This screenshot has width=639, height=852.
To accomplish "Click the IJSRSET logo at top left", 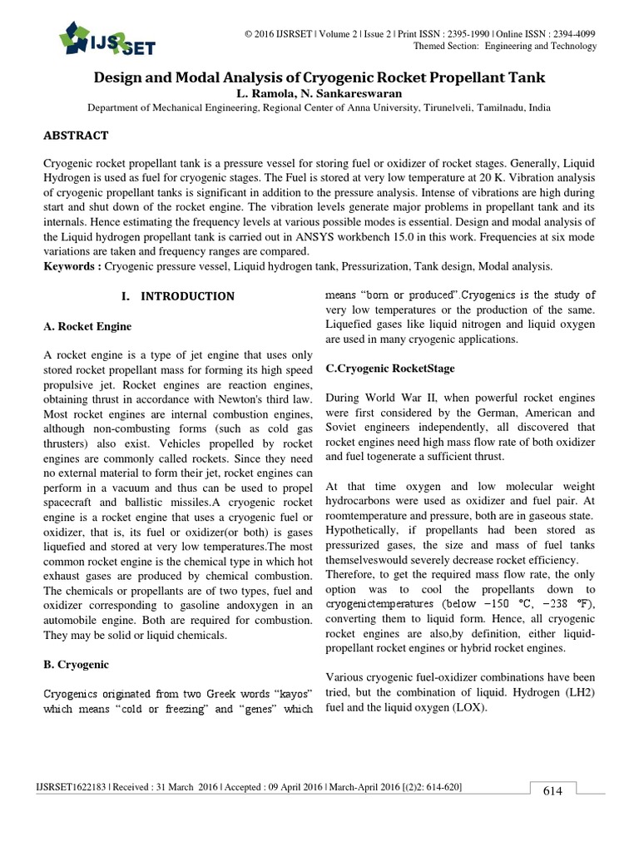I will point(106,37).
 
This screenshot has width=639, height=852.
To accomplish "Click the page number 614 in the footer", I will point(552,790).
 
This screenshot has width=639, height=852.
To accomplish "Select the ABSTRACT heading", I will point(76,136).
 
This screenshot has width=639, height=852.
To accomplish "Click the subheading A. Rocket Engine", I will point(87,326).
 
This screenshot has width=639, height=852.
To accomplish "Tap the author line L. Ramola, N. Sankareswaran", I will point(319,93).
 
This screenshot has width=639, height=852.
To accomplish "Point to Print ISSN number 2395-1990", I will point(457,33).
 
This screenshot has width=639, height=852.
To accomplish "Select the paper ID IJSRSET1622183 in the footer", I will point(73,787).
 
